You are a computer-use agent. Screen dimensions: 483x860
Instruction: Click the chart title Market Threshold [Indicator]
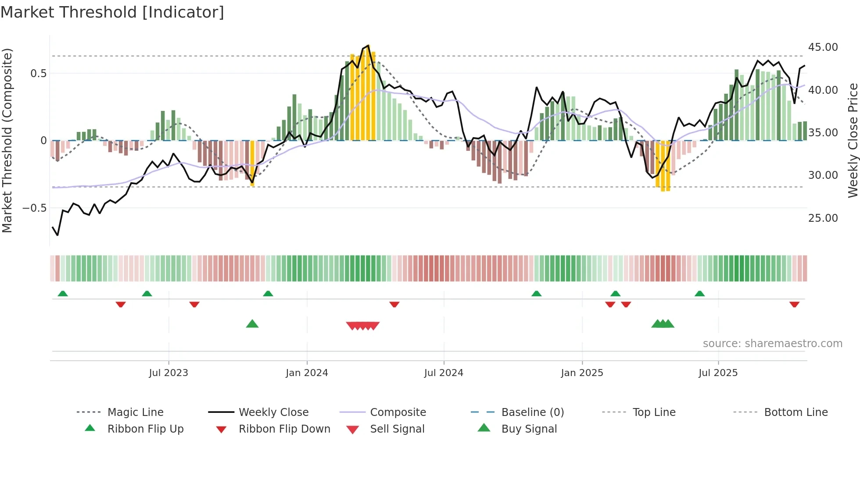click(x=112, y=12)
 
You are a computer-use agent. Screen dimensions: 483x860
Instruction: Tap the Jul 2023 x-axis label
click(x=168, y=373)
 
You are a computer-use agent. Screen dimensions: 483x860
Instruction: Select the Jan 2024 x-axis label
click(x=307, y=373)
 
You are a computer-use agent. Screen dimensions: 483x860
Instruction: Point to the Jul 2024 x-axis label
click(x=444, y=373)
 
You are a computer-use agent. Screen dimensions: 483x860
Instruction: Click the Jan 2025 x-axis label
click(x=582, y=373)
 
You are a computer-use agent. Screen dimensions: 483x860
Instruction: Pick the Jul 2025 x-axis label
click(x=718, y=373)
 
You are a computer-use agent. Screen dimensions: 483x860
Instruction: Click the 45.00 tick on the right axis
click(x=823, y=47)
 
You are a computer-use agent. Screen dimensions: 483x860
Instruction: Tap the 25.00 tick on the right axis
click(x=823, y=218)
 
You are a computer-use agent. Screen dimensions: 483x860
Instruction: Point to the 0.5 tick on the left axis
click(x=38, y=74)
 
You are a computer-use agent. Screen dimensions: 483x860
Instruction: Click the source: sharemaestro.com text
click(x=772, y=344)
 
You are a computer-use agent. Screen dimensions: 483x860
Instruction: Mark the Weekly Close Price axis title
click(x=853, y=140)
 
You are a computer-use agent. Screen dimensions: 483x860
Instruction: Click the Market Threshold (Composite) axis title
click(x=7, y=140)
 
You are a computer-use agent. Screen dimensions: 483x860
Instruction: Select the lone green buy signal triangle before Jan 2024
click(x=252, y=324)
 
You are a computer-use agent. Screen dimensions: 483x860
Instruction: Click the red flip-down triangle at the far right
click(x=794, y=304)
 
